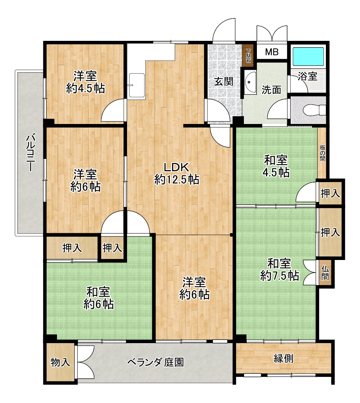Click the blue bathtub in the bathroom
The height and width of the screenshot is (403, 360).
click(308, 56)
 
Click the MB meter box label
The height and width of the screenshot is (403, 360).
click(272, 52)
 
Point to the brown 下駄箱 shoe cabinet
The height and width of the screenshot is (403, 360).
click(248, 56)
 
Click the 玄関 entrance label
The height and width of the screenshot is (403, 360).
click(224, 82)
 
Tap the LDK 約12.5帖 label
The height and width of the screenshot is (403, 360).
click(177, 173)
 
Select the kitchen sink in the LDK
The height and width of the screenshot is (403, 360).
click(137, 86)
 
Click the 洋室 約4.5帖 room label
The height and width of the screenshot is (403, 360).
click(86, 82)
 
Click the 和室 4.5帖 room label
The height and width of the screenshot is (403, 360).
click(276, 166)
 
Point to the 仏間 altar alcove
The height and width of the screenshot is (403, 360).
click(325, 273)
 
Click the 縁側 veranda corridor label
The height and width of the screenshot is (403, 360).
click(283, 358)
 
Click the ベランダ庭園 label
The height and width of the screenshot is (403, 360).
click(156, 362)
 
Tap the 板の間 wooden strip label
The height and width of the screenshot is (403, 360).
click(322, 153)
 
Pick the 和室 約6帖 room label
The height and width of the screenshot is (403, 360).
click(99, 298)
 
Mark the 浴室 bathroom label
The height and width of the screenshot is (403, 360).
click(307, 76)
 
